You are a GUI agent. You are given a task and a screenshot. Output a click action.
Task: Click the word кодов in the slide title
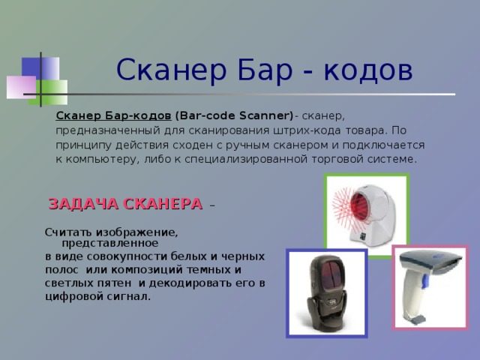pos(371,71)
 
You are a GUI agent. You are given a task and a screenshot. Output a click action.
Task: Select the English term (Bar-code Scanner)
pos(234,115)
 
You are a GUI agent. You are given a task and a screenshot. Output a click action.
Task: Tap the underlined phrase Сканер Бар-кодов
pos(113,115)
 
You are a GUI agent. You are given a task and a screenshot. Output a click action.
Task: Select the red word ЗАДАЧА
pos(82,204)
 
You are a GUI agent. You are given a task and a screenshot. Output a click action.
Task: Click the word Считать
pos(68,232)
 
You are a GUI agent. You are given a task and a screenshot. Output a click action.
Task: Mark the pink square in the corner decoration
pos(21,86)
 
